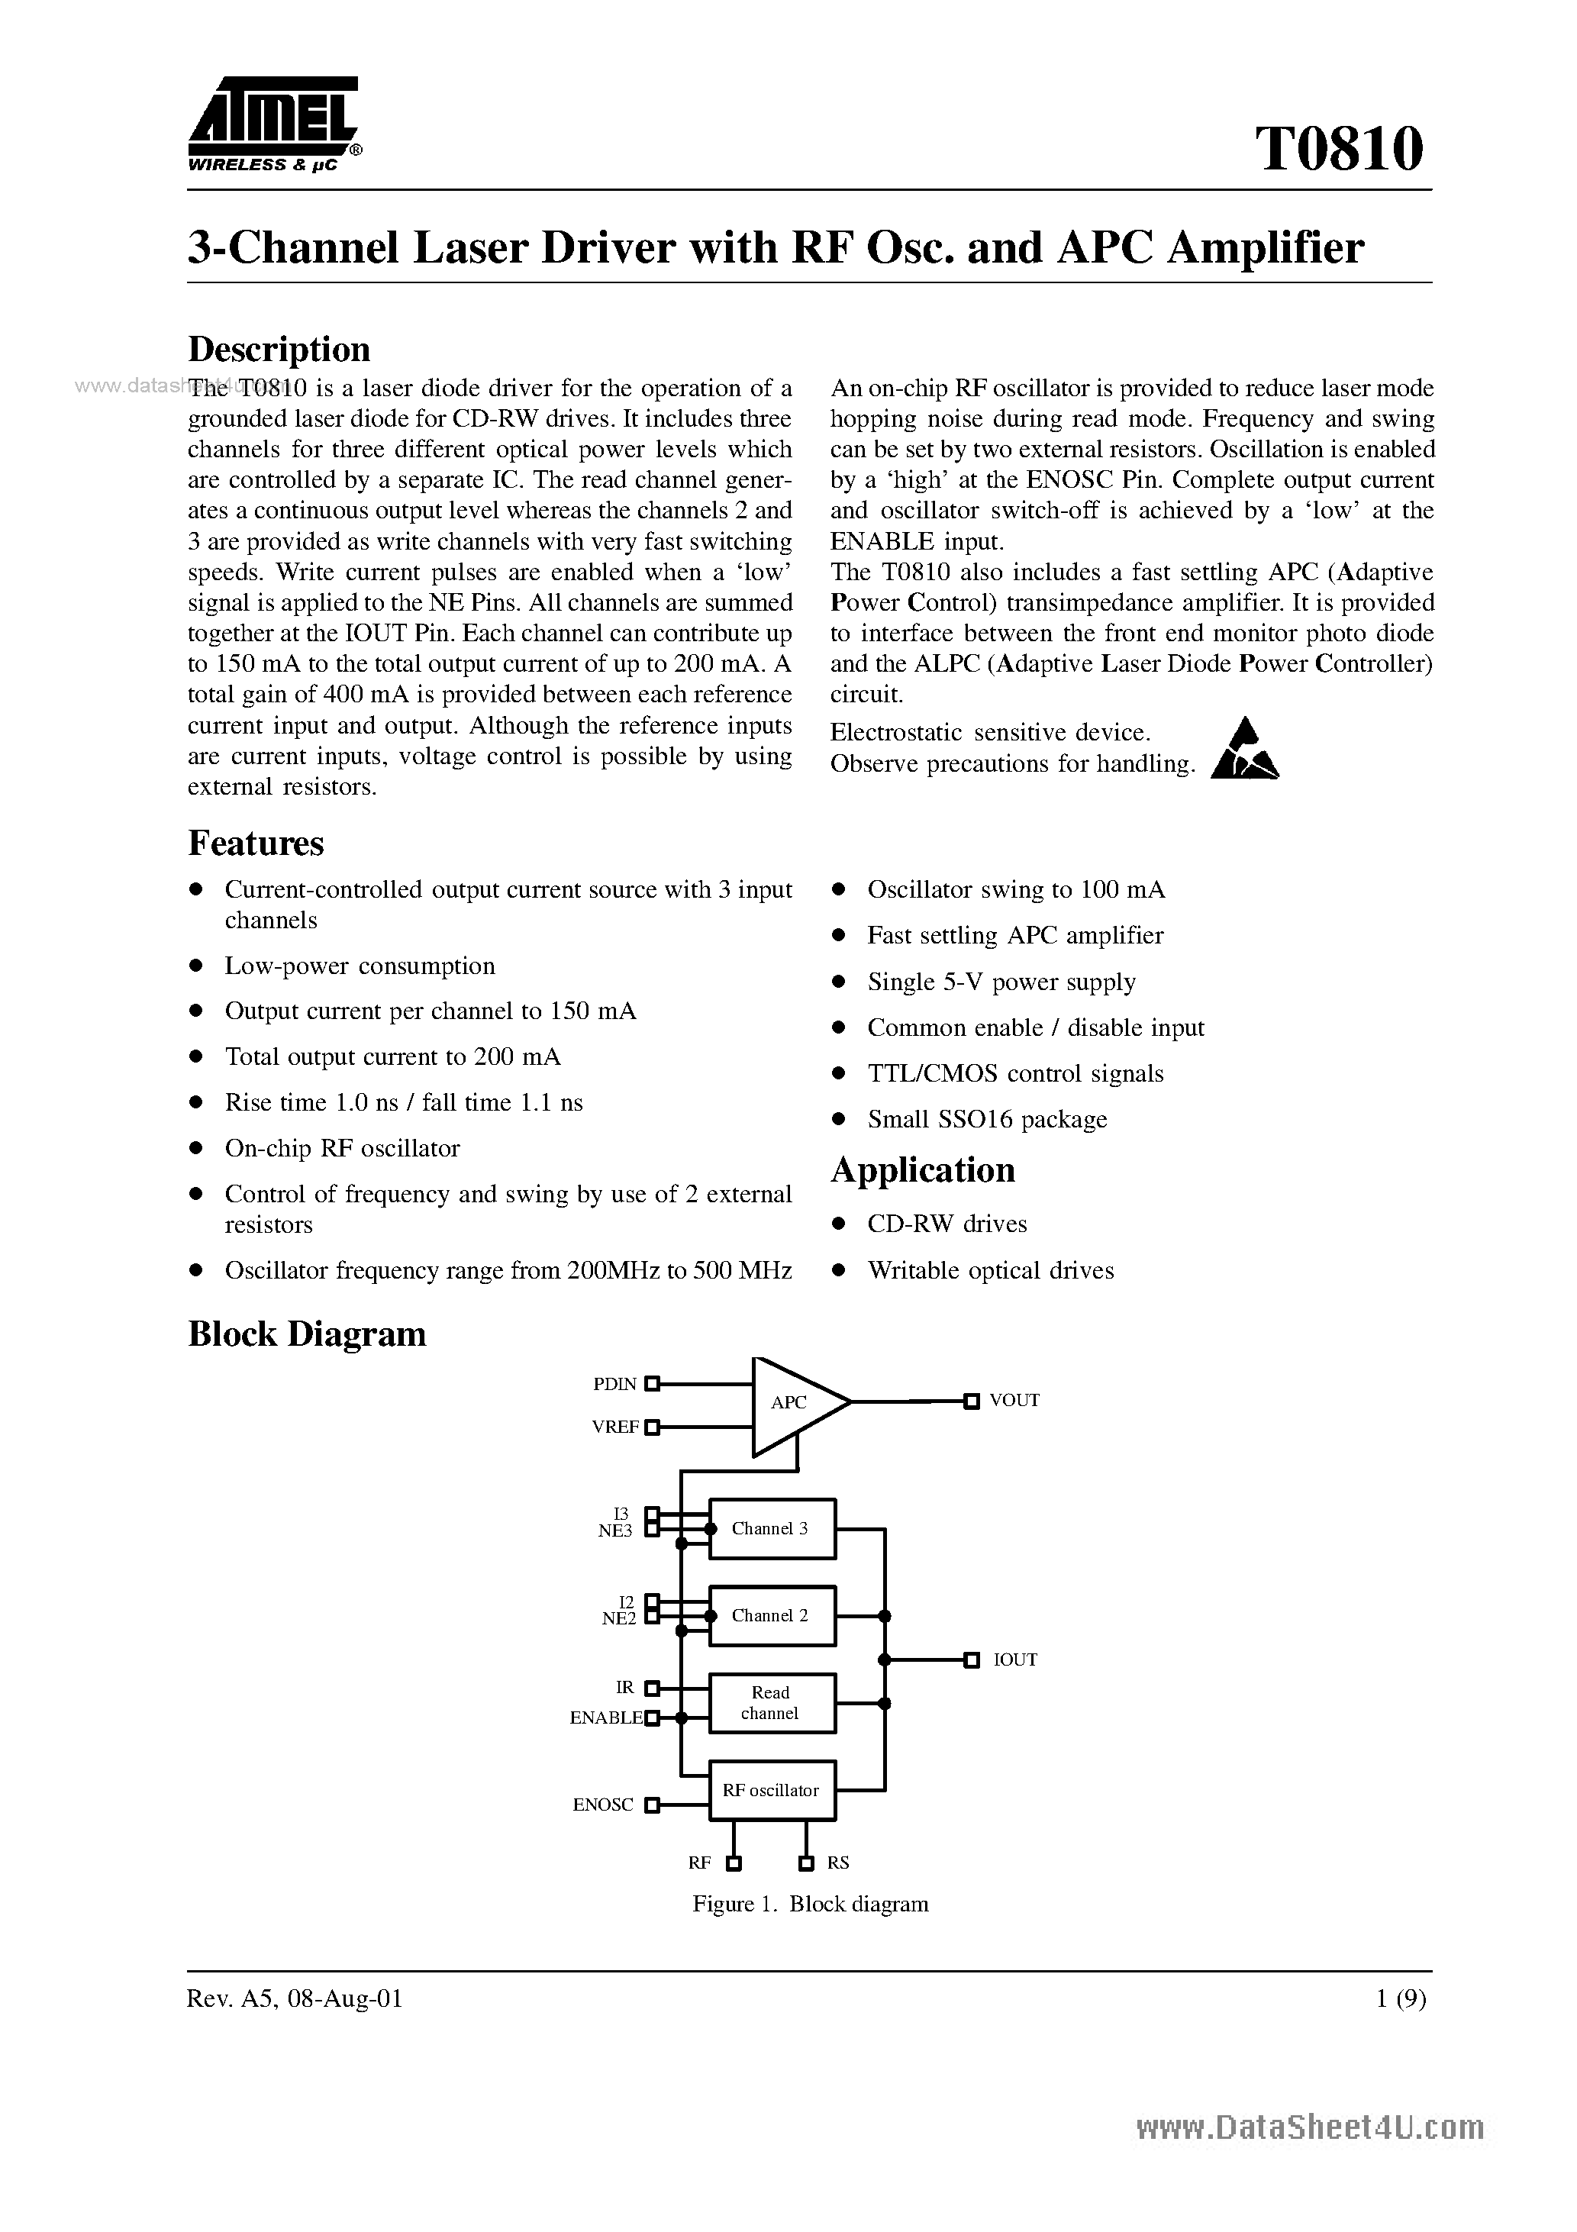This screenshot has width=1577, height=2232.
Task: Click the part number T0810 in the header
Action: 1339,150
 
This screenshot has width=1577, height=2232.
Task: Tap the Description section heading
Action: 279,349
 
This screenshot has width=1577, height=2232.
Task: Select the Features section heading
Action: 256,843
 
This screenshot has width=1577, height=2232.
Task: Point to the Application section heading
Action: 922,1169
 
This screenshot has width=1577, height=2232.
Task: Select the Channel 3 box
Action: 772,1528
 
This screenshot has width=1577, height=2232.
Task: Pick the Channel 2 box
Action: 772,1616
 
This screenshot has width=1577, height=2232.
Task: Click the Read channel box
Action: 772,1702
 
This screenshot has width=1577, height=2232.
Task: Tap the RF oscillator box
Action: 772,1790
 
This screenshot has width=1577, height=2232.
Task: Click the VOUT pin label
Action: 1014,1401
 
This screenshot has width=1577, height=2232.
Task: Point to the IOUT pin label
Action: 1015,1660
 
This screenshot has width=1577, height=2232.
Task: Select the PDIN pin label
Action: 614,1383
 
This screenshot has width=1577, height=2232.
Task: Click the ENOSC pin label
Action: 603,1805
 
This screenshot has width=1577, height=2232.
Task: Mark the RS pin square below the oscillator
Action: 806,1863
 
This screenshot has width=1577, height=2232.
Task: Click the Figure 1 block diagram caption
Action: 810,1905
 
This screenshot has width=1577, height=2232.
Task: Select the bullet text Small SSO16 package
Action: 987,1119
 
